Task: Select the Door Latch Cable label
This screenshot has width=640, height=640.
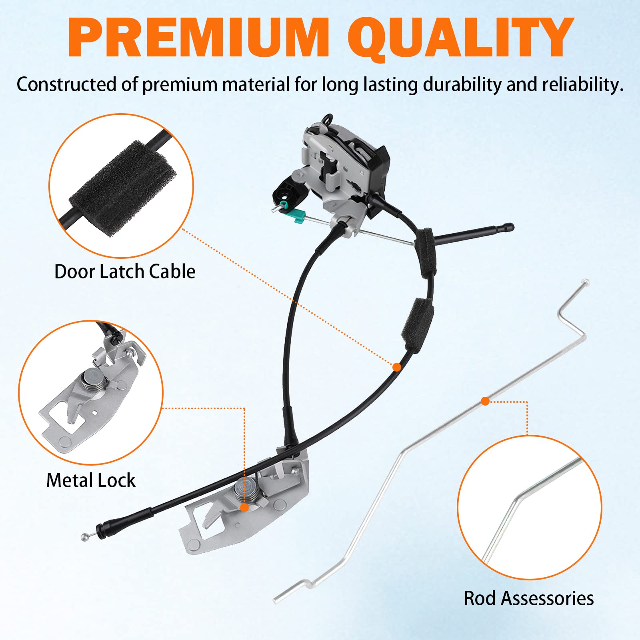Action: [x=125, y=272]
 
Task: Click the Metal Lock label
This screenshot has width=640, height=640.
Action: [x=91, y=480]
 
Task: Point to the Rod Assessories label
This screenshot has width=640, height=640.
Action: [x=528, y=598]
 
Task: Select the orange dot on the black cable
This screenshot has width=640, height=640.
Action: [x=396, y=367]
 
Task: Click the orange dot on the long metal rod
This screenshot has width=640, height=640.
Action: [x=485, y=401]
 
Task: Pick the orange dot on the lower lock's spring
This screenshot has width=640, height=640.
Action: [x=244, y=508]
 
